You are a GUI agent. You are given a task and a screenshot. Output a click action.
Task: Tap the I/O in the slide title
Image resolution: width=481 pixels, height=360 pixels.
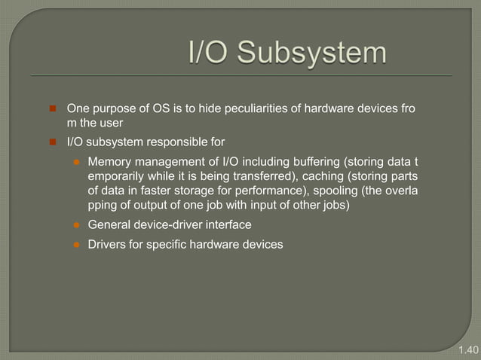point(212,54)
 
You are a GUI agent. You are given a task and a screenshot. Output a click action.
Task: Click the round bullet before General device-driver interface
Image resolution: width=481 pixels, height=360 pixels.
point(75,224)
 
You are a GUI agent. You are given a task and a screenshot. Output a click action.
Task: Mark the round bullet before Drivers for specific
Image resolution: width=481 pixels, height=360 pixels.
point(75,245)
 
